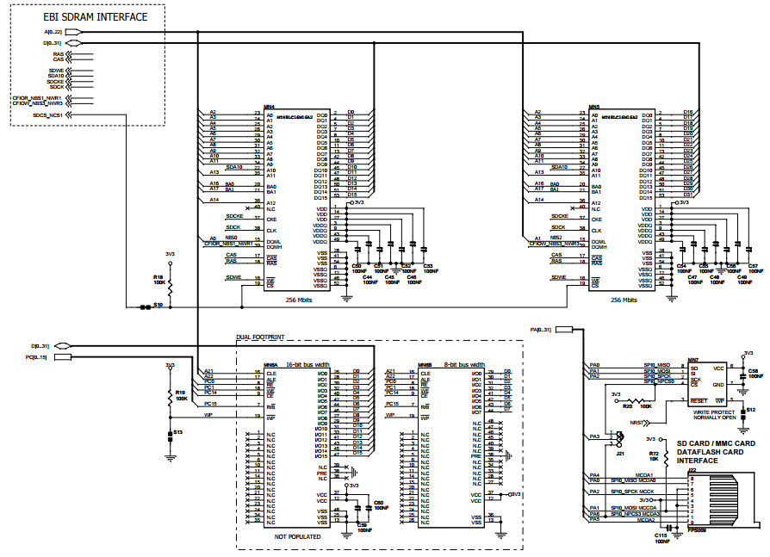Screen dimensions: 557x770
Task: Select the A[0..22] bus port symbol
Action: [74, 32]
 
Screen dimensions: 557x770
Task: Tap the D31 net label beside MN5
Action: [688, 195]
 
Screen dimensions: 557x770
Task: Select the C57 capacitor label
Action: [753, 266]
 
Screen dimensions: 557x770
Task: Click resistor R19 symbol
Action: [170, 398]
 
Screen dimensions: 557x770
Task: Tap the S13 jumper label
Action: [177, 431]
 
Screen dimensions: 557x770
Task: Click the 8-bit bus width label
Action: [464, 365]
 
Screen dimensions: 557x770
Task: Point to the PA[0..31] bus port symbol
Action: [566, 329]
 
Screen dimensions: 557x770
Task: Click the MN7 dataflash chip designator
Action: [692, 359]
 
